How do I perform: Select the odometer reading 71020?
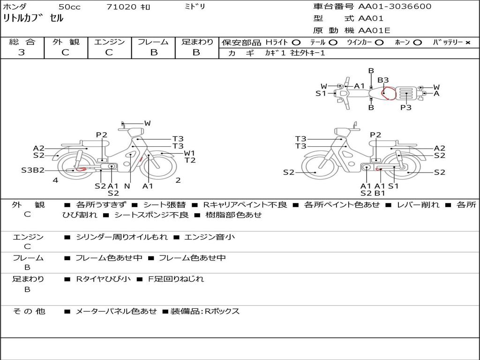point(121,7)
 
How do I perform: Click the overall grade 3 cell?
point(22,52)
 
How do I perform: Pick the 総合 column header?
point(22,42)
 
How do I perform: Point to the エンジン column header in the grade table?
point(109,42)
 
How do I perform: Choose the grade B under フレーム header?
point(153,52)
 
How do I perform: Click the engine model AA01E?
point(374,31)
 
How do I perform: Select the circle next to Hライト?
point(296,42)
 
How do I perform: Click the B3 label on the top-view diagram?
point(383,80)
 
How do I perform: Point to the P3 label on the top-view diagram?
point(406,107)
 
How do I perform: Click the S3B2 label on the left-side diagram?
point(32,170)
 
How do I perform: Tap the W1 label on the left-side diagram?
point(189,153)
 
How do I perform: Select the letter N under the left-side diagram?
point(127,186)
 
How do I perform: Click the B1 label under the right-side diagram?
point(380,193)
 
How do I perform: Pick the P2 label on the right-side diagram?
point(375,135)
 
